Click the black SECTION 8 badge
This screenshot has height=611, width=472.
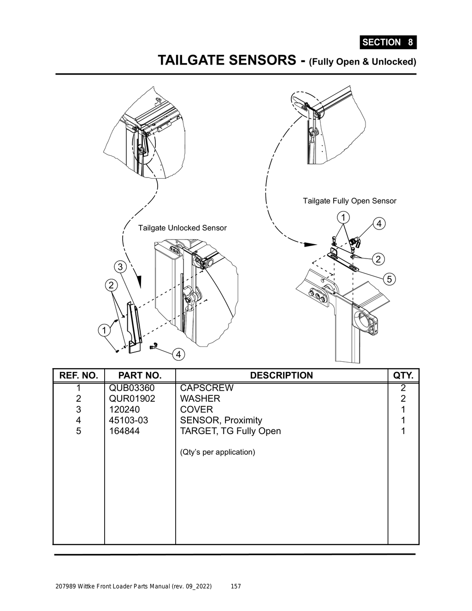388,42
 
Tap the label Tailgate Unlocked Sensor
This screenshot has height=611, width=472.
182,228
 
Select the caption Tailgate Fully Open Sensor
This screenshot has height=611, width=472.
349,201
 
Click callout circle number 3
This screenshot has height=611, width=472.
120,267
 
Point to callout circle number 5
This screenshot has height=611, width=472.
389,279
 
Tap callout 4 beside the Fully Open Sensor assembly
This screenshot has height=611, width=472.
378,224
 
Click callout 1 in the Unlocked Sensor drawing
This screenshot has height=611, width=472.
104,330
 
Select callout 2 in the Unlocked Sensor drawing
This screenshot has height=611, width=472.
111,285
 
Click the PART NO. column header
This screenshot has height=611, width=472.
140,376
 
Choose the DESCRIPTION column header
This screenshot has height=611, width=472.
281,376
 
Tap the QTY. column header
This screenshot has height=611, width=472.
403,376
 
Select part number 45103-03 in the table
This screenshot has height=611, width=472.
129,420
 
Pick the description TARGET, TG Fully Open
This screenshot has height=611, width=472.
230,431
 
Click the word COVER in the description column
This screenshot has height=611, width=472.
196,410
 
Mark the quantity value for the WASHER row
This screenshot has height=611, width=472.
403,399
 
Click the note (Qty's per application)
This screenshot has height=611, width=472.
217,452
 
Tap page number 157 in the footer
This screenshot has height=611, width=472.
236,587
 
